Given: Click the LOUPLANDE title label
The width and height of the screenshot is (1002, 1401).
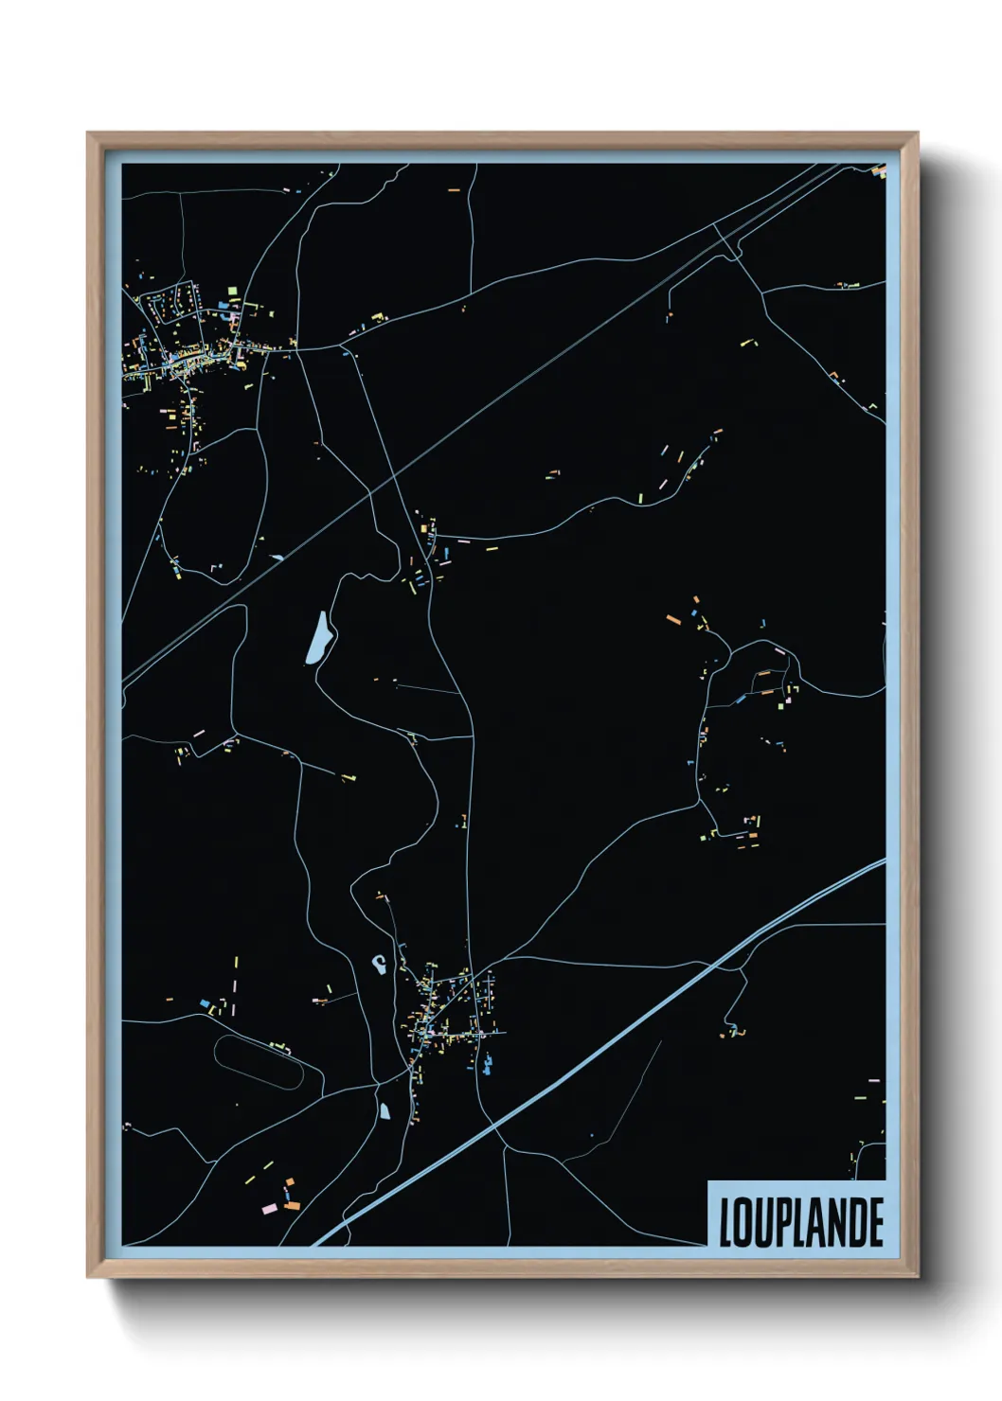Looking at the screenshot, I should pyautogui.click(x=801, y=1222).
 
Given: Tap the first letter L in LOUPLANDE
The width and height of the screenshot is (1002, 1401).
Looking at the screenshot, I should pyautogui.click(x=726, y=1223).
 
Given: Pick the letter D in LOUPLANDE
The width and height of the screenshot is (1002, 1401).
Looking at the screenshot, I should pyautogui.click(x=858, y=1223).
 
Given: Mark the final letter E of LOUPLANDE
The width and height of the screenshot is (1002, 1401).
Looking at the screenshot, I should pyautogui.click(x=876, y=1223).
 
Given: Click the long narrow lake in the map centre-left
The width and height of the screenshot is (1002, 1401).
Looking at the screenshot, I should pyautogui.click(x=318, y=638).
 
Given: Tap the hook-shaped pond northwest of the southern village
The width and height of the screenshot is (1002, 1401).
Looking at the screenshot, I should pyautogui.click(x=378, y=965).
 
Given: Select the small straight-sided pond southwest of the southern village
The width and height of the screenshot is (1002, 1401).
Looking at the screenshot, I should pyautogui.click(x=385, y=1109).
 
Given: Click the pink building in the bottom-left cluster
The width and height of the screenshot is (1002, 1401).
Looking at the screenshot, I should pyautogui.click(x=268, y=1209).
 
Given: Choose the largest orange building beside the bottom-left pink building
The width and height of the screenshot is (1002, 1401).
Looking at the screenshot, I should pyautogui.click(x=292, y=1205).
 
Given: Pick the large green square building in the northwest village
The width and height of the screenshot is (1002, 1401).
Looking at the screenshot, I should pyautogui.click(x=232, y=292).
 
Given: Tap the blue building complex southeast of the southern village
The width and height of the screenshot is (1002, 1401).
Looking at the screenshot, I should pyautogui.click(x=488, y=1065).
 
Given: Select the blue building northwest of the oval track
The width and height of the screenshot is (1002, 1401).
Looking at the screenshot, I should pyautogui.click(x=204, y=1002).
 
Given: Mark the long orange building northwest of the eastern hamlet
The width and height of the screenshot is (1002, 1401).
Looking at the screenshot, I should pyautogui.click(x=673, y=619).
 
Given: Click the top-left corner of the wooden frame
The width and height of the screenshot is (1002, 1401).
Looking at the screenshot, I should pyautogui.click(x=89, y=134).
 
